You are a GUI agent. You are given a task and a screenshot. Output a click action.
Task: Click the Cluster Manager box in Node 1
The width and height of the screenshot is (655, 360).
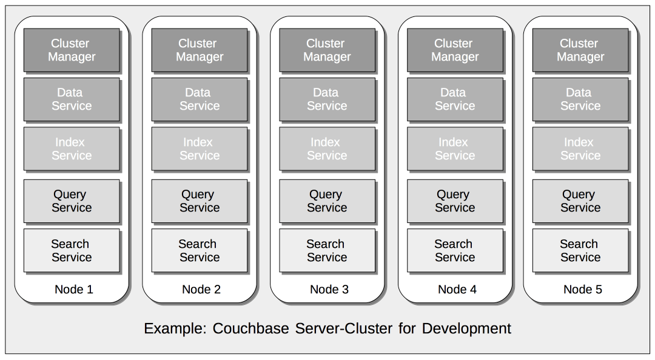[x=72, y=50]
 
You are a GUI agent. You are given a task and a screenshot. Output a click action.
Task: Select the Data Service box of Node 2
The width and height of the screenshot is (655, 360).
[x=199, y=99]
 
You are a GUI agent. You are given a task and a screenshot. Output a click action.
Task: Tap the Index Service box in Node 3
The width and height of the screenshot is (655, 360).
[x=327, y=149]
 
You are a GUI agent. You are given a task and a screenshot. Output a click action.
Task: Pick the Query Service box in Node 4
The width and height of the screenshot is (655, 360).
[x=455, y=201]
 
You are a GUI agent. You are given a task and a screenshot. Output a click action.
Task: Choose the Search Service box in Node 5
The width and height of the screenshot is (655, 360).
[x=580, y=250]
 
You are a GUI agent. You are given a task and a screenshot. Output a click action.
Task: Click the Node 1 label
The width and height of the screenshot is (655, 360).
[x=74, y=290]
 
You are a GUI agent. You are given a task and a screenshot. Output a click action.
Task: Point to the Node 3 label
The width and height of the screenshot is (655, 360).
[x=329, y=290]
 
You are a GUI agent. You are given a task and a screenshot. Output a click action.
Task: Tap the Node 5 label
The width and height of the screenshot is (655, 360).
[x=583, y=290]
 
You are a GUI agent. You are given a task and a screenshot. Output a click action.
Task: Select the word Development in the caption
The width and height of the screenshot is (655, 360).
[x=466, y=329]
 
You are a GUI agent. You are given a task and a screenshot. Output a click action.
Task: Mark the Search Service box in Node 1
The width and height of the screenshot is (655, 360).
[x=72, y=250]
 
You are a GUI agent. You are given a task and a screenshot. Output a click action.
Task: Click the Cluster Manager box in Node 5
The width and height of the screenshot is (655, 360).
[x=580, y=50]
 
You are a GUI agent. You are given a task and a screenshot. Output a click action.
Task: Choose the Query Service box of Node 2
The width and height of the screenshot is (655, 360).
[x=199, y=201]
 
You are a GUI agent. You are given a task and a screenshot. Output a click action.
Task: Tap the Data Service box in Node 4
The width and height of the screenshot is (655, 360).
[x=455, y=99]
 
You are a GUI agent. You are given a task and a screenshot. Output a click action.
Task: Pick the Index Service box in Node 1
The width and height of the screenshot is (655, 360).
[x=72, y=149]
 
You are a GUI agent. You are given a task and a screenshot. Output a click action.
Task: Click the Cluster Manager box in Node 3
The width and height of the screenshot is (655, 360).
[x=327, y=50]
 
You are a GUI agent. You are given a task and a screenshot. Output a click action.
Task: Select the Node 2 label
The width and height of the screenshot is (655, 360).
[x=201, y=290]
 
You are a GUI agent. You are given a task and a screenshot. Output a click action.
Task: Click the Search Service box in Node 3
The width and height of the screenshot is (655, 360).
[x=327, y=250]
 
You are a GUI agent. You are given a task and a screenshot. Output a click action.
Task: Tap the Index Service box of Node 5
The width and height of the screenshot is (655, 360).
[x=580, y=149]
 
